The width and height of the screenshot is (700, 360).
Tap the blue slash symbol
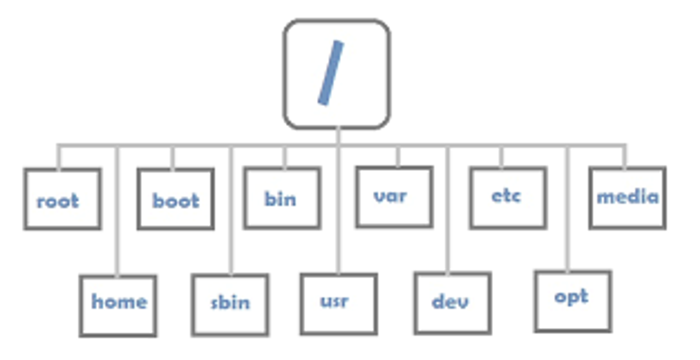(x=331, y=73)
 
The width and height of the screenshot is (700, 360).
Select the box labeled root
(x=63, y=199)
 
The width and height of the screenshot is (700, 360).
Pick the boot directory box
(x=176, y=199)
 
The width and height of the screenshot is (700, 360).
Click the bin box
(x=282, y=198)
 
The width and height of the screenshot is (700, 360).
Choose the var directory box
(x=394, y=197)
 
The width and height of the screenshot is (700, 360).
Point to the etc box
(x=508, y=198)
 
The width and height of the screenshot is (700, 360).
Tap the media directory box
(x=628, y=198)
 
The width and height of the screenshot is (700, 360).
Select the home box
(x=118, y=306)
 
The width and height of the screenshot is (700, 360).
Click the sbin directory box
(x=230, y=305)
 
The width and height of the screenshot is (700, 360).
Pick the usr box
(x=338, y=304)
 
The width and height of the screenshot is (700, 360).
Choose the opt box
(x=573, y=301)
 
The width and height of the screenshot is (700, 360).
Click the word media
(x=628, y=197)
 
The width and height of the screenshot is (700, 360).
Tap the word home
(x=119, y=302)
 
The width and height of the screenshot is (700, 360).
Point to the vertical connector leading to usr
(x=338, y=210)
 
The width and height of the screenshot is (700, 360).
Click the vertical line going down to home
(x=117, y=210)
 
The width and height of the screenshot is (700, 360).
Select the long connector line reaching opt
(x=568, y=210)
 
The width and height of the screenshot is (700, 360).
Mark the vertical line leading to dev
(x=448, y=210)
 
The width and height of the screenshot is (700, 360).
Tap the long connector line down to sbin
(x=230, y=210)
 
